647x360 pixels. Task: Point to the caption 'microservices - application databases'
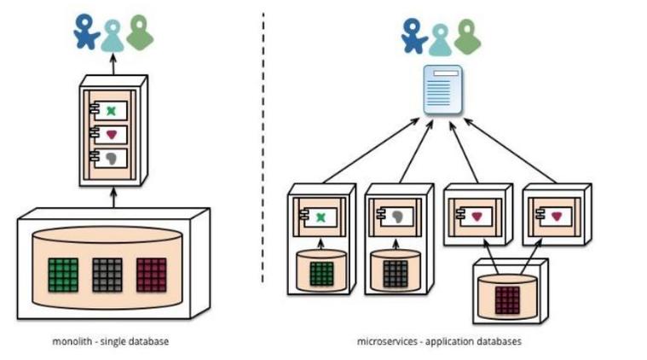pyautogui.click(x=439, y=342)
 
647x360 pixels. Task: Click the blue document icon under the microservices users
pyautogui.click(x=442, y=89)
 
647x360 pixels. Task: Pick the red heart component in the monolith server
pyautogui.click(x=112, y=134)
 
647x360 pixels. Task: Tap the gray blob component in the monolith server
pyautogui.click(x=112, y=158)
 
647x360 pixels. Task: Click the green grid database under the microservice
pyautogui.click(x=321, y=272)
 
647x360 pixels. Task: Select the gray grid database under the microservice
pyautogui.click(x=396, y=273)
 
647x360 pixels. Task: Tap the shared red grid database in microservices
pyautogui.click(x=509, y=299)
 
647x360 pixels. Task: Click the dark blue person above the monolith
pyautogui.click(x=85, y=33)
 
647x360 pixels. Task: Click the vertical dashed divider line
pyautogui.click(x=263, y=145)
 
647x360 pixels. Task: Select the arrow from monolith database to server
pyautogui.click(x=113, y=198)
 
